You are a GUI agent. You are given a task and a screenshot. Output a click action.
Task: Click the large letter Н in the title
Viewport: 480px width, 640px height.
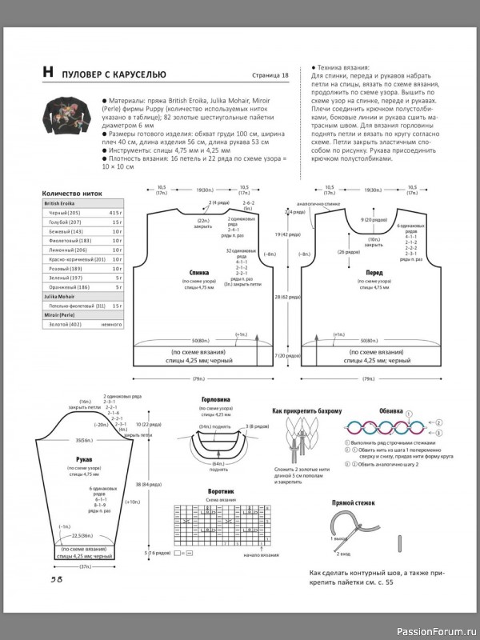(48, 74)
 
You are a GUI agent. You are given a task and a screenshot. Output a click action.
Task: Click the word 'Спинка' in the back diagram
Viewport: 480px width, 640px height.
(200, 273)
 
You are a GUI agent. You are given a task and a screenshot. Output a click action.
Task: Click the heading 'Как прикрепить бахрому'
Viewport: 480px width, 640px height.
(307, 410)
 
